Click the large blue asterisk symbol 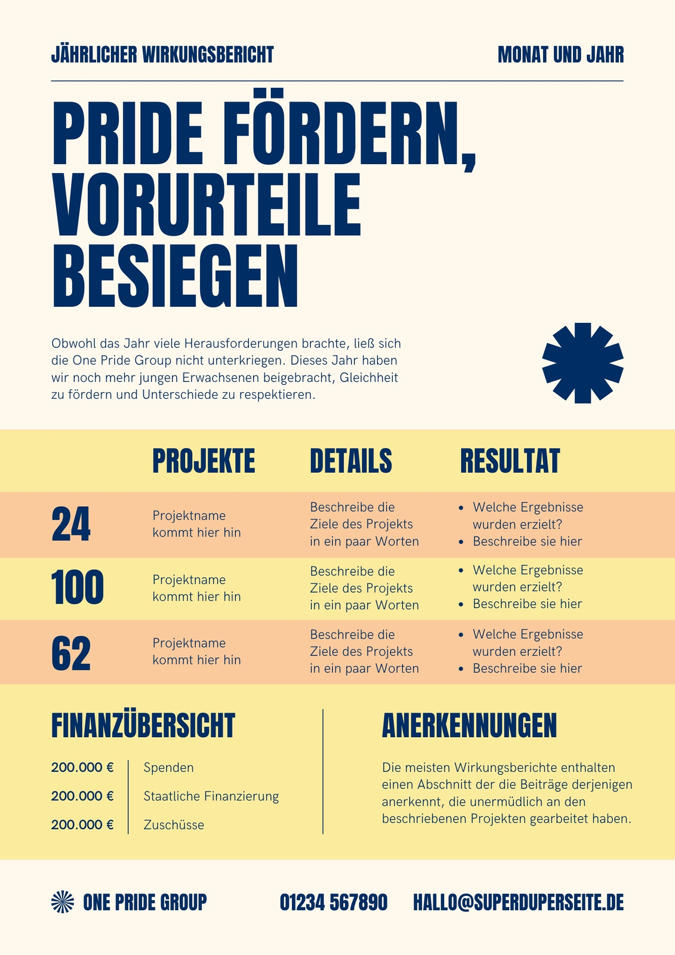(x=582, y=363)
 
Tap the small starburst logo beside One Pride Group (x=62, y=902)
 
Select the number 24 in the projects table (x=71, y=524)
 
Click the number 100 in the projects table (x=77, y=587)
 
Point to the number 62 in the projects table (x=71, y=653)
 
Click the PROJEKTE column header (x=204, y=461)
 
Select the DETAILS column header (x=351, y=461)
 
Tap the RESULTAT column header (x=510, y=461)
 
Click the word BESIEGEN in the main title (x=175, y=276)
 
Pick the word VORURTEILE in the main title (x=206, y=205)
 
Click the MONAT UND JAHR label (x=561, y=54)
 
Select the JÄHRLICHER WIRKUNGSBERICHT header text (x=162, y=54)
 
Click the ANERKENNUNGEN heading (x=470, y=725)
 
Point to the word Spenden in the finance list (x=168, y=768)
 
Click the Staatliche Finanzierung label (x=211, y=796)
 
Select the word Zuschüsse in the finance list (x=174, y=824)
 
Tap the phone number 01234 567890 (x=334, y=902)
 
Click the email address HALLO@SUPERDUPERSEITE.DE (x=519, y=902)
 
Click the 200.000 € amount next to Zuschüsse (x=82, y=824)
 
